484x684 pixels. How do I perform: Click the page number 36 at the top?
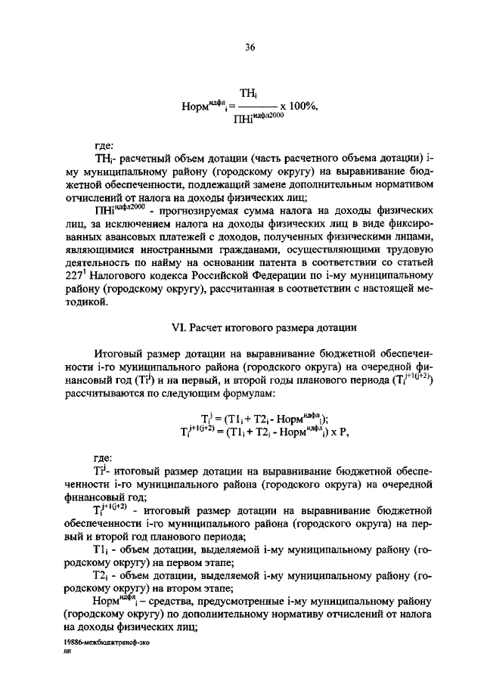(251, 47)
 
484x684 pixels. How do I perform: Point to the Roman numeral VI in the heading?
(179, 327)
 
